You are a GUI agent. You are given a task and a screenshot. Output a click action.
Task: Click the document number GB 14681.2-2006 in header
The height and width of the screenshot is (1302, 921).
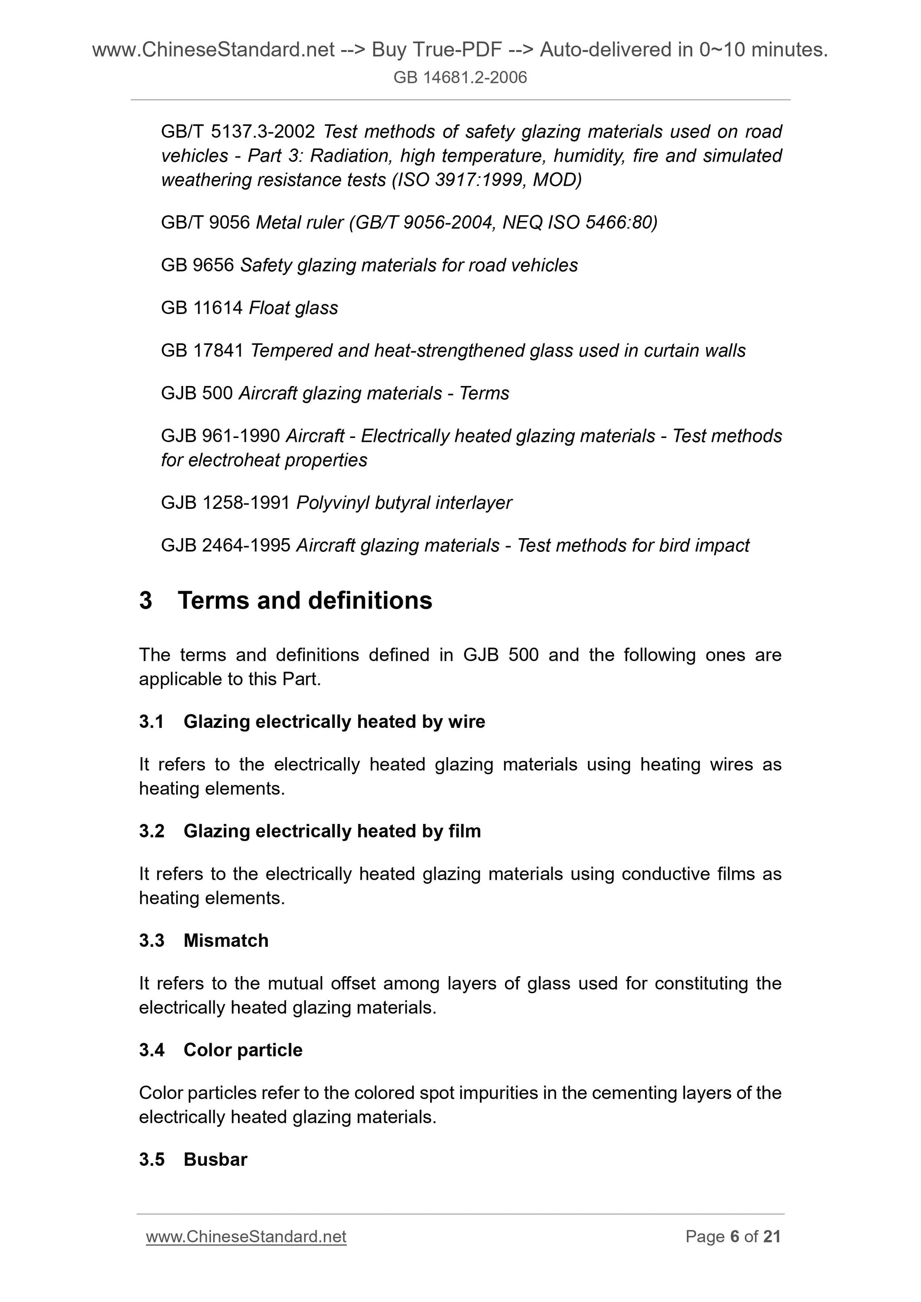click(x=460, y=77)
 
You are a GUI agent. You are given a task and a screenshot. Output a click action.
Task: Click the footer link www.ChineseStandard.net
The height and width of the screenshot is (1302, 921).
click(x=246, y=1236)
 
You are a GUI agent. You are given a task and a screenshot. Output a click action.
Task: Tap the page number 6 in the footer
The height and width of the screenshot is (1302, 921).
click(x=735, y=1236)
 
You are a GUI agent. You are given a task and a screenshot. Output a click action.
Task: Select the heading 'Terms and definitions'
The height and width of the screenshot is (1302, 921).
click(x=305, y=601)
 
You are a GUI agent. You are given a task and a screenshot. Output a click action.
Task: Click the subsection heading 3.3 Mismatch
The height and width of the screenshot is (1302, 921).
click(x=203, y=940)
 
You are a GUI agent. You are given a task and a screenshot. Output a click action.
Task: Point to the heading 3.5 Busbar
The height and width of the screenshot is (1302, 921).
click(x=193, y=1159)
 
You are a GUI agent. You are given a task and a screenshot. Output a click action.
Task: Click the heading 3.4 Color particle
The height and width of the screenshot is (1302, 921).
click(x=220, y=1049)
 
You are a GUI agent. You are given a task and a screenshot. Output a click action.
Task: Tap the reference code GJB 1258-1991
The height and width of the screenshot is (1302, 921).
click(x=225, y=502)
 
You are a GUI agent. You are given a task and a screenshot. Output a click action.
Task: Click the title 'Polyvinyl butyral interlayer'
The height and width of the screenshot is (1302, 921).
click(x=404, y=502)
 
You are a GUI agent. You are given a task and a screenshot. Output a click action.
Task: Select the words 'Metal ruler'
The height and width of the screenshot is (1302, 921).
click(x=300, y=222)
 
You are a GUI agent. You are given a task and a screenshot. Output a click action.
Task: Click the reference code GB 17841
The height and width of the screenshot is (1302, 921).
click(x=202, y=350)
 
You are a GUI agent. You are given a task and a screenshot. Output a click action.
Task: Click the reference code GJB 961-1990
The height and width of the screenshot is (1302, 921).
click(x=220, y=436)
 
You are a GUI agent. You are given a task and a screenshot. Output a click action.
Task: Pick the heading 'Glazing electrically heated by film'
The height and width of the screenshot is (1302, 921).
click(x=332, y=831)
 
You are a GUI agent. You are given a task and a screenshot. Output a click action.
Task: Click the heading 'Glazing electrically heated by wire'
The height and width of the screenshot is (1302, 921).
click(x=334, y=721)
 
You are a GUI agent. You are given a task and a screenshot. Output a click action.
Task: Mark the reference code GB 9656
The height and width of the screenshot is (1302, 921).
click(x=197, y=265)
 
